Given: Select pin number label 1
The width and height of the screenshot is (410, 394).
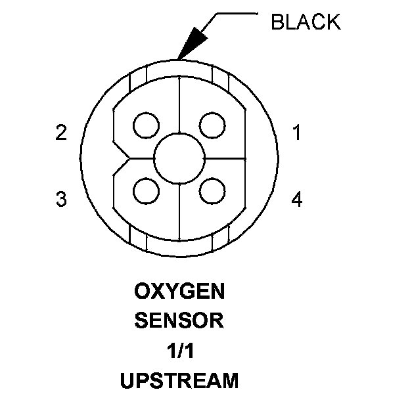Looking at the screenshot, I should (297, 133).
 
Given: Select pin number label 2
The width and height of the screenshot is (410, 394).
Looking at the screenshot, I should (61, 133).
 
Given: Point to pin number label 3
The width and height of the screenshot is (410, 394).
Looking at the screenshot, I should (61, 199).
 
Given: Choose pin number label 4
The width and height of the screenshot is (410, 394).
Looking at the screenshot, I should (297, 199).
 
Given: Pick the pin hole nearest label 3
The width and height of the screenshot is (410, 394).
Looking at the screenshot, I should (146, 191).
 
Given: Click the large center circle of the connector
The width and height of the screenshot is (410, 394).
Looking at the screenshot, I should (179, 158).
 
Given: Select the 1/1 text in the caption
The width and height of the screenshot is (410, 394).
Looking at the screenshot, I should (179, 350).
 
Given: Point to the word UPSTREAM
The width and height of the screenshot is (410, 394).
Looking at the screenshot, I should (179, 380).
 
